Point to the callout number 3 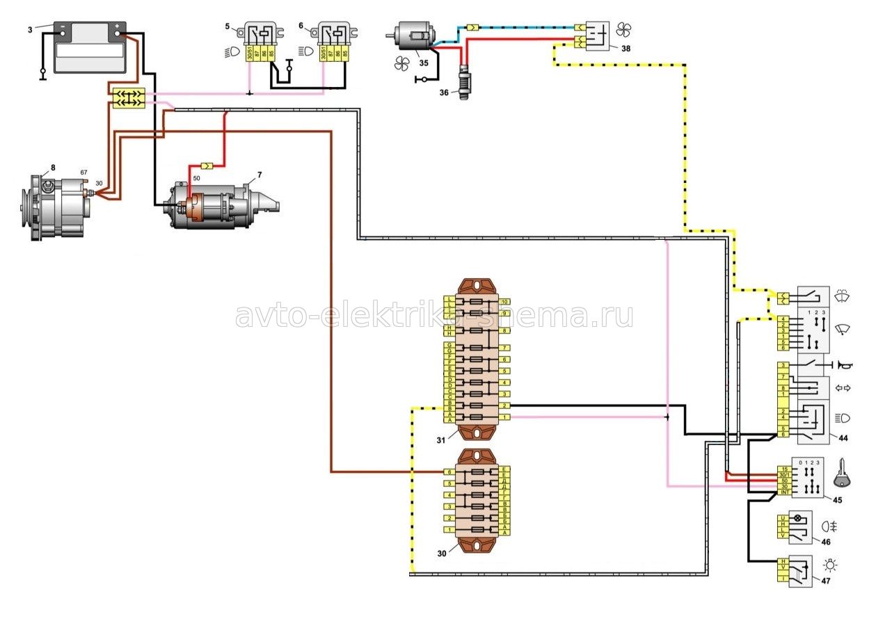coord(29,29)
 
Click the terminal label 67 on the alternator coord(83,172)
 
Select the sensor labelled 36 coord(463,82)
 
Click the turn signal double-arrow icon coord(843,388)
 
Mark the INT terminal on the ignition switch coord(784,493)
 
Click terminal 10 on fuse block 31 coord(505,301)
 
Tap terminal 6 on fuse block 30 coord(450,472)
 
